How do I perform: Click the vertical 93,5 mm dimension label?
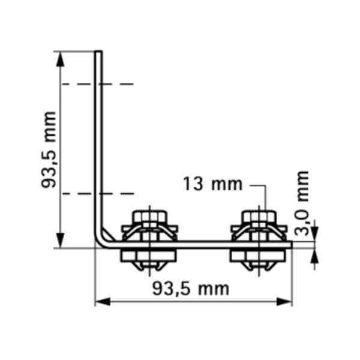[x=49, y=150]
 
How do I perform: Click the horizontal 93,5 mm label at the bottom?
[x=191, y=289]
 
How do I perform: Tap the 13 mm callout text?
[x=212, y=184]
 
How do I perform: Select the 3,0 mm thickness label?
[x=301, y=203]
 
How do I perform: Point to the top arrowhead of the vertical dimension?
[x=60, y=59]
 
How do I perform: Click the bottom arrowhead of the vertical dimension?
[x=60, y=241]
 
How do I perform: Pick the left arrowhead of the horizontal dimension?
[x=103, y=302]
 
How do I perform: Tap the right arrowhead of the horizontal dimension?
[x=284, y=302]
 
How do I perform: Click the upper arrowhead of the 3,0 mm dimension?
[x=315, y=234]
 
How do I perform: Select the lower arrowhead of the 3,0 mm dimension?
[x=315, y=256]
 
